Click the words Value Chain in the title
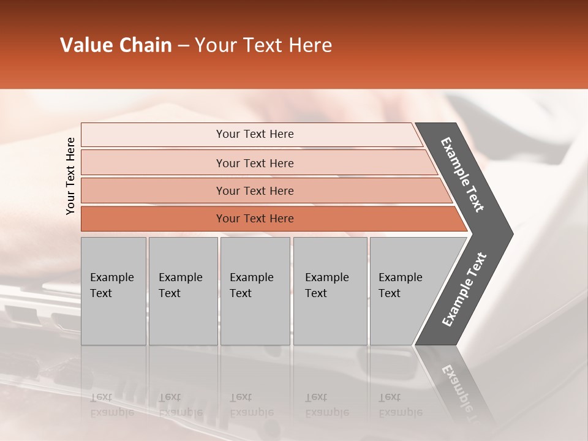[116, 45]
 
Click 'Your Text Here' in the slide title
[263, 45]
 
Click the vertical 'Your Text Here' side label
[70, 176]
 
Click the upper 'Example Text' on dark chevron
[462, 175]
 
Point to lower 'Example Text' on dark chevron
[464, 290]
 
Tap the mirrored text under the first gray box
[111, 405]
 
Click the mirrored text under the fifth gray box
[400, 405]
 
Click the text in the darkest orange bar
[255, 219]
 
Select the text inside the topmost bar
[255, 134]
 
